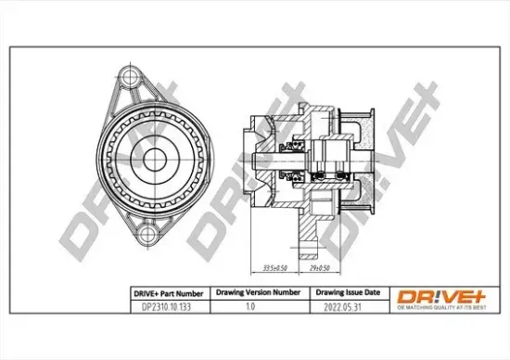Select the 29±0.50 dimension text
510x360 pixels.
coord(318,268)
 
